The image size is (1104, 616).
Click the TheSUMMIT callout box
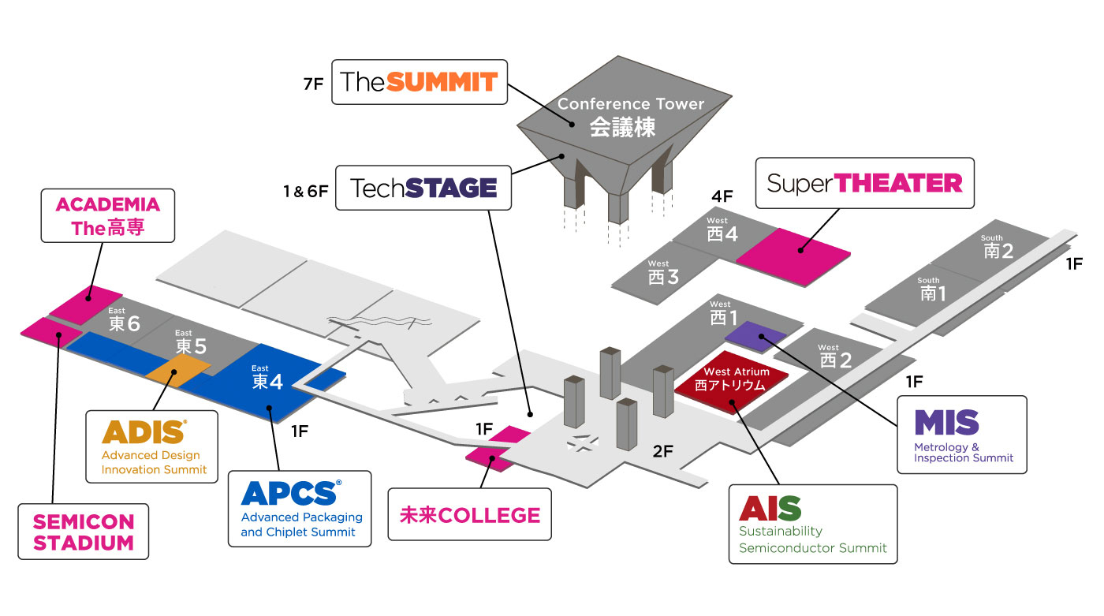click(419, 81)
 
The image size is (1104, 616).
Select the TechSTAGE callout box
click(423, 188)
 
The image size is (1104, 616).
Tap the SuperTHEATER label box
click(864, 183)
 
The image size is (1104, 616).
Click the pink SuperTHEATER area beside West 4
click(793, 253)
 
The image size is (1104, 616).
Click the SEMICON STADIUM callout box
click(83, 532)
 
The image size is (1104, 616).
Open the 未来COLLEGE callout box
click(470, 514)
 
